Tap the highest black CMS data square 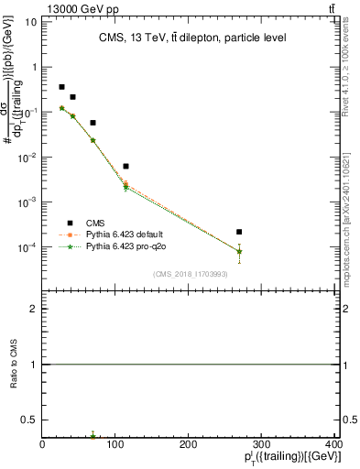(61, 87)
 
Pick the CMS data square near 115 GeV (125, 166)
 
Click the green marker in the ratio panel (93, 436)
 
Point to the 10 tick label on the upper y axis (31, 21)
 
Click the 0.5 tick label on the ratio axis (31, 420)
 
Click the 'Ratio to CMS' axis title (11, 364)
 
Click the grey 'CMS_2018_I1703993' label (191, 273)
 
